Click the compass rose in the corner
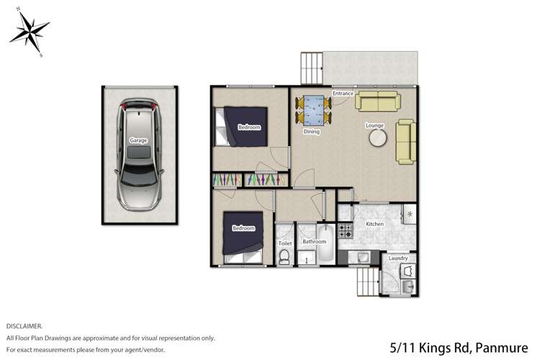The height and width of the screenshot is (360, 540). pos(29,31)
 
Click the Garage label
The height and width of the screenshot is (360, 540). pos(139,140)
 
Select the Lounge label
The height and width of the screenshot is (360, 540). pos(374,125)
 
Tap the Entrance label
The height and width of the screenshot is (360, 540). pos(343,94)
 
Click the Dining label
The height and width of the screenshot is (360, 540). pos(311,132)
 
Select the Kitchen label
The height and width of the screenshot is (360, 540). pos(374,225)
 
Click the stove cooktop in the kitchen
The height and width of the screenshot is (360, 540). pos(345,231)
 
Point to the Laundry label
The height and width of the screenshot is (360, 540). pos(398,258)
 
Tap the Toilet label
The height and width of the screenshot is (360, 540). pos(285,243)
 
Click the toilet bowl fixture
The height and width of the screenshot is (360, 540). pos(284,258)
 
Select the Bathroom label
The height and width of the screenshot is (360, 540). pos(315,242)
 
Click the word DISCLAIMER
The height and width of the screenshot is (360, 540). pos(24,326)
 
